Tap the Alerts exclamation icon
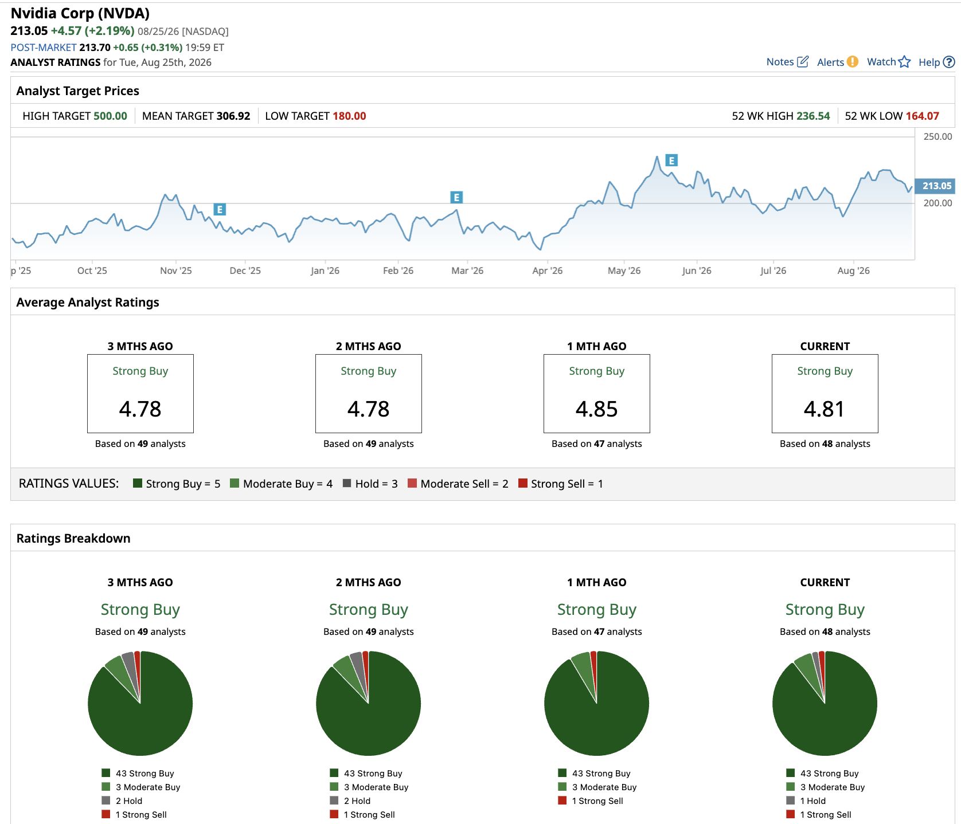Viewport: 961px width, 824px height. click(853, 61)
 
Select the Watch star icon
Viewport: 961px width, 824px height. click(904, 61)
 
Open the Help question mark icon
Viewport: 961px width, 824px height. click(949, 62)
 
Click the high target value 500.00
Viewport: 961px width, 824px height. click(110, 116)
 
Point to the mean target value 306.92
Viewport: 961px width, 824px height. click(233, 116)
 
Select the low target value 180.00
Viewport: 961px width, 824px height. click(349, 116)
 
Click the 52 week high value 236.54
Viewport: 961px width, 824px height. click(813, 116)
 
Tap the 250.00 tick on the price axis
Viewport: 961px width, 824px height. click(937, 136)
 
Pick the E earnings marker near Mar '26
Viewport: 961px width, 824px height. click(456, 198)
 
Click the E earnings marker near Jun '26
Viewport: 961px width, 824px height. click(671, 160)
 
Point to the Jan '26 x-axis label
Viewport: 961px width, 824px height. click(325, 270)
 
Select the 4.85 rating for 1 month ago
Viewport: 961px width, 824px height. click(597, 409)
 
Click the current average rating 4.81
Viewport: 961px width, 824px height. click(824, 409)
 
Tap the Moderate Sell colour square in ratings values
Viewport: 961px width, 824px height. click(412, 483)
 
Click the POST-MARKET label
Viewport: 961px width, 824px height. click(44, 48)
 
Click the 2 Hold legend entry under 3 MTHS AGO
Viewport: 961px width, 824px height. click(129, 801)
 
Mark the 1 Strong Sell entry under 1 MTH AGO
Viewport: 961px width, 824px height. click(597, 801)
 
